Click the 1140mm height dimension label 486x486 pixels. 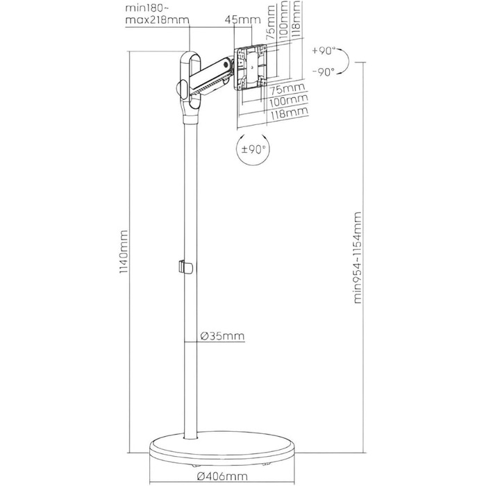click(x=124, y=251)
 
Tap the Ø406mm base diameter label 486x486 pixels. click(x=222, y=476)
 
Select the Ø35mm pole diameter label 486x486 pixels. click(x=223, y=336)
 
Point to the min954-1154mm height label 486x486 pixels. click(x=358, y=258)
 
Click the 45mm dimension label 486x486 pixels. click(x=243, y=20)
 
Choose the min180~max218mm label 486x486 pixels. click(x=157, y=14)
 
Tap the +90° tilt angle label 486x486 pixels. click(x=324, y=51)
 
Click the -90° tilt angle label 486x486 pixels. click(x=324, y=72)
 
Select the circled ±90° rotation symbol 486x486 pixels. click(x=253, y=149)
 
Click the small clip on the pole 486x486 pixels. click(x=185, y=267)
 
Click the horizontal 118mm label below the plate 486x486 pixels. click(x=290, y=112)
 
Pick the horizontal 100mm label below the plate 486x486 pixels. click(x=289, y=101)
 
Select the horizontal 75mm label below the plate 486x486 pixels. click(x=287, y=90)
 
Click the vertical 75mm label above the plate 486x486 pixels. click(x=271, y=22)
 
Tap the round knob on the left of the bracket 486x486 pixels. click(x=181, y=89)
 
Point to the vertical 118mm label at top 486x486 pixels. click(x=296, y=19)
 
